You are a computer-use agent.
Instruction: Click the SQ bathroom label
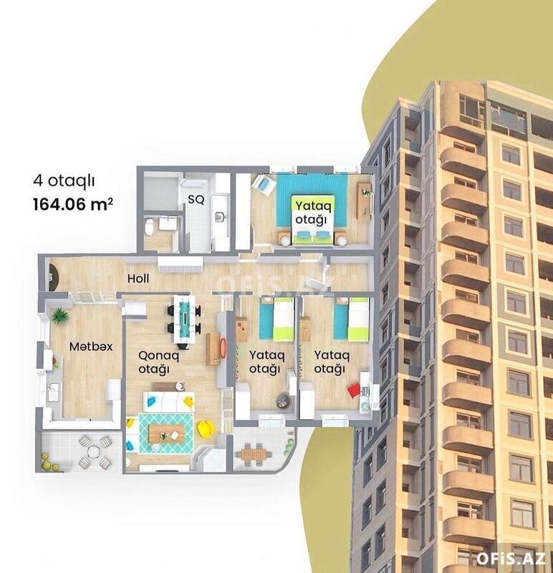tap(196, 200)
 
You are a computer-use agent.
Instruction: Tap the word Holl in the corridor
tap(138, 279)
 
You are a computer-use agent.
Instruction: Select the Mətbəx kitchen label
tap(91, 347)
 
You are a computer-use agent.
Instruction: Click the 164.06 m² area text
tap(73, 204)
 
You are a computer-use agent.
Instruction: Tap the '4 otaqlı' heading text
tap(64, 180)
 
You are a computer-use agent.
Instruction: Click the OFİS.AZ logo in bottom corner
tap(511, 559)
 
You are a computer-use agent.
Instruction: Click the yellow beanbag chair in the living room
tap(205, 428)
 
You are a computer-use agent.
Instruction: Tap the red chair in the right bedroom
tap(353, 390)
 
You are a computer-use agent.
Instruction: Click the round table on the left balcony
tap(94, 452)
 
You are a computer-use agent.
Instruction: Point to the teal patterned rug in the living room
tap(166, 434)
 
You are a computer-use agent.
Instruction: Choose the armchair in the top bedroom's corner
tap(264, 185)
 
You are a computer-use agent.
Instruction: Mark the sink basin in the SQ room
tap(221, 216)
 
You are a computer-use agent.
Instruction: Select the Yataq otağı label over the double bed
tap(313, 212)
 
